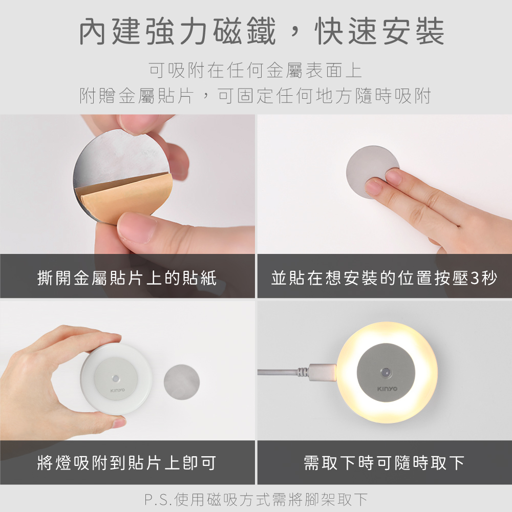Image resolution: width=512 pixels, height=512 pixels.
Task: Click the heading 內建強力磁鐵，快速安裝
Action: click(262, 31)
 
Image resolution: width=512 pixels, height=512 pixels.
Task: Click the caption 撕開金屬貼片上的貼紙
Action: click(126, 278)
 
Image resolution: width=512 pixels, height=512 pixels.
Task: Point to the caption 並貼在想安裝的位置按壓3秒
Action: click(384, 278)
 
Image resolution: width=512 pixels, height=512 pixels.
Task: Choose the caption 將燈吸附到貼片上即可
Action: click(126, 463)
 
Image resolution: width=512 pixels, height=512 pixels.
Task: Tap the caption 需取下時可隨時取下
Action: click(384, 463)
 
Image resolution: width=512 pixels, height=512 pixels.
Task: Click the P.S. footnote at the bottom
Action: click(256, 500)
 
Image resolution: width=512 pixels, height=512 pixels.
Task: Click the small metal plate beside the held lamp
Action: click(182, 382)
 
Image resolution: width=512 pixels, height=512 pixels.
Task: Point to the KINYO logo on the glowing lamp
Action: click(387, 389)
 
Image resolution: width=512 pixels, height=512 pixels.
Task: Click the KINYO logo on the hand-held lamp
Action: click(118, 390)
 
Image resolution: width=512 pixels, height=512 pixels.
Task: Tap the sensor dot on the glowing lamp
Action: click(386, 372)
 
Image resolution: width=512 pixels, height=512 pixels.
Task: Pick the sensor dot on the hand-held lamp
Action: click(115, 378)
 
